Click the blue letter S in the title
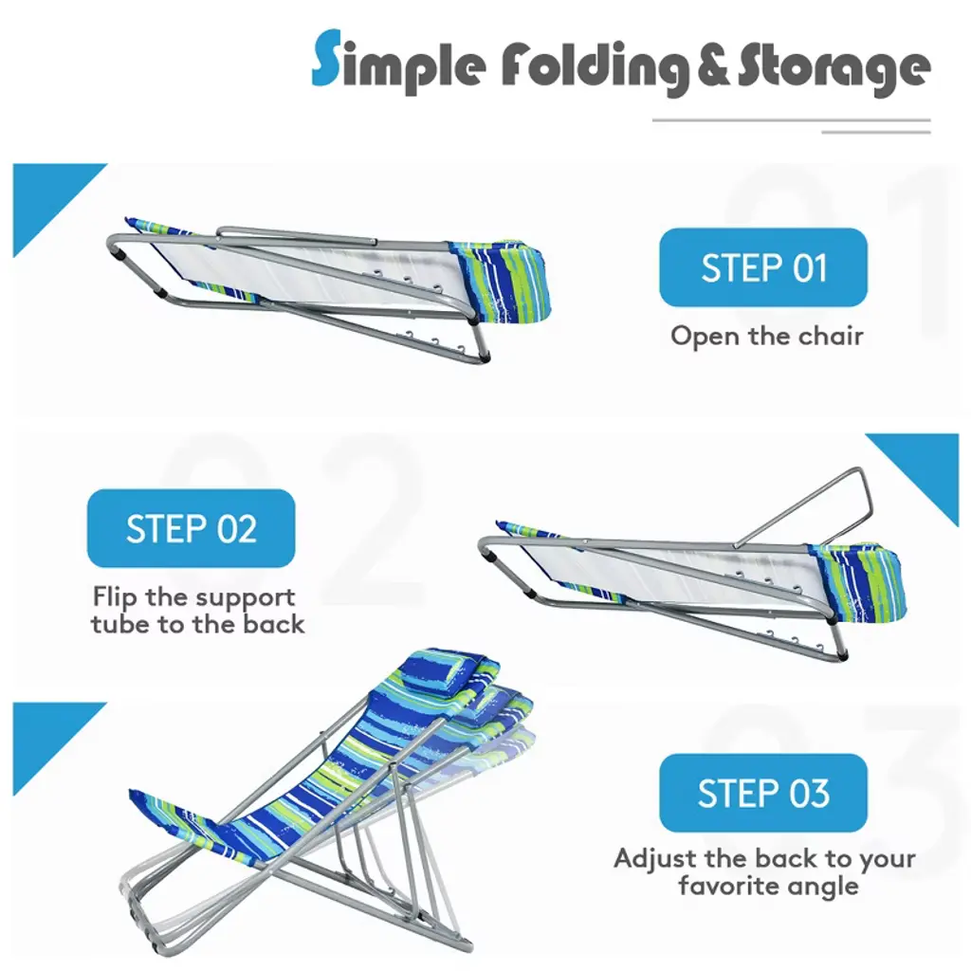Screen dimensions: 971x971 (x=326, y=57)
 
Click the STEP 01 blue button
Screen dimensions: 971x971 (x=763, y=267)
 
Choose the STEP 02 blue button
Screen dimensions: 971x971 (x=191, y=528)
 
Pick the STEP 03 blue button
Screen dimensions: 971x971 (x=763, y=793)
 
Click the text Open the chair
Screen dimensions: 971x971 (x=766, y=337)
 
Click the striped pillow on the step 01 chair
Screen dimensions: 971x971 (x=503, y=281)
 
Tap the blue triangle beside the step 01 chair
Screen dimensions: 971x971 (x=49, y=200)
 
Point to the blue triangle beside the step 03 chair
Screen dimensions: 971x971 (x=49, y=740)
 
